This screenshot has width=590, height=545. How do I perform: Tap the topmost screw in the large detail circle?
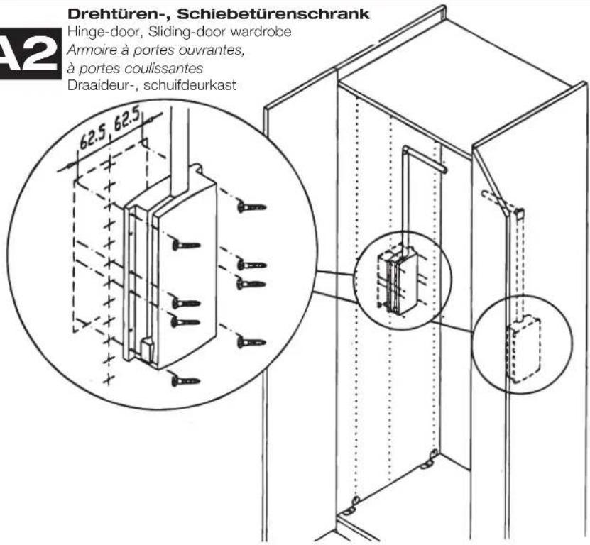coord(252,207)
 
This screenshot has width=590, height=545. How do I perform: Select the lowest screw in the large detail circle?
coord(185,381)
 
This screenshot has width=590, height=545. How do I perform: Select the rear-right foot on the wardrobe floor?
coord(427,463)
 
